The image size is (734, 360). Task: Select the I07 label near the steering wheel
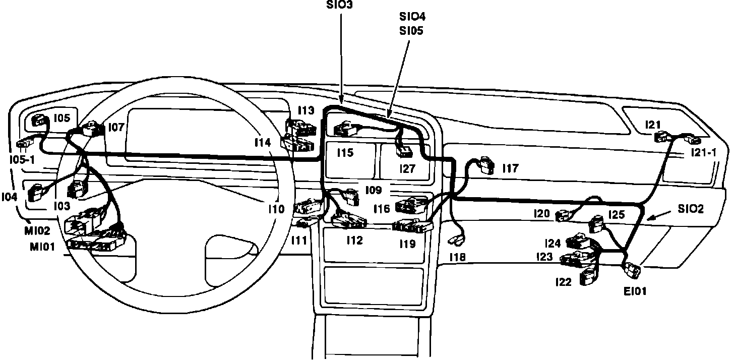point(116,128)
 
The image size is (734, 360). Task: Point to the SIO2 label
point(690,209)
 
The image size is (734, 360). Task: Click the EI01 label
point(634,290)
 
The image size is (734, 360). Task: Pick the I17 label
point(510,168)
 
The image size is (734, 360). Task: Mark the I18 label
point(458,257)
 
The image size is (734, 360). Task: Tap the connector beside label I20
point(562,216)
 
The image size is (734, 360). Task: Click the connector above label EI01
point(632,270)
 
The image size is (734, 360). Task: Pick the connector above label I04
point(36,192)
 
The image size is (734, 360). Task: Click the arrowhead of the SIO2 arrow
point(649,218)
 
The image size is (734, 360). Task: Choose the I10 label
point(276,208)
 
